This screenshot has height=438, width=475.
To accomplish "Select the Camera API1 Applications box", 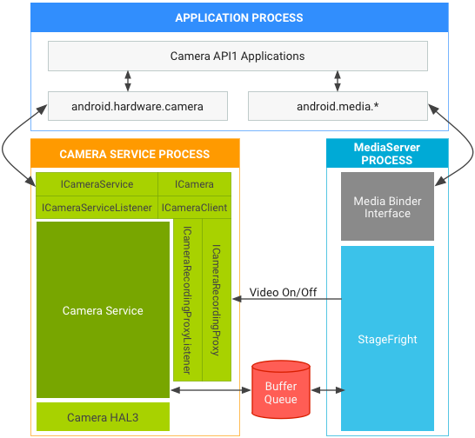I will click(x=237, y=56).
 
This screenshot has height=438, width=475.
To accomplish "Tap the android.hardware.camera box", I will click(x=137, y=107).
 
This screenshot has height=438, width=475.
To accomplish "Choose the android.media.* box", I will click(x=338, y=107).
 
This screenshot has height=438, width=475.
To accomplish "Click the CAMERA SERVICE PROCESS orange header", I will click(x=134, y=154).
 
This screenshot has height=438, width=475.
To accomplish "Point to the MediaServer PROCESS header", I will click(x=386, y=154).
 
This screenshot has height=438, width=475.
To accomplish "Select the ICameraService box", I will click(x=97, y=184).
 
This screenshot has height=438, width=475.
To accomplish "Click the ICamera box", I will click(x=194, y=184).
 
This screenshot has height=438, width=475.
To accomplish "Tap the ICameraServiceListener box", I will click(x=97, y=208).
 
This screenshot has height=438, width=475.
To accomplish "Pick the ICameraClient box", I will click(x=194, y=208).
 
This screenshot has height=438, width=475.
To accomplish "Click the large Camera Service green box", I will click(x=103, y=310).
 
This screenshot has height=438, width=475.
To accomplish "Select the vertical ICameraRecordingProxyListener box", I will click(x=186, y=300).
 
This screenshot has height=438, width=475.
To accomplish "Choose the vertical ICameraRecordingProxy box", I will click(x=216, y=300).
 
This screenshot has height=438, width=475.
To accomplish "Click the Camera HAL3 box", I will click(x=103, y=418).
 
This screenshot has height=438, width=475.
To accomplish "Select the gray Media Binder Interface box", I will click(x=387, y=207).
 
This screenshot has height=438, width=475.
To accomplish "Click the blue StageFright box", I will click(x=387, y=340).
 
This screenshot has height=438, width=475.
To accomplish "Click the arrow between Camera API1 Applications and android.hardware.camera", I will click(x=129, y=82).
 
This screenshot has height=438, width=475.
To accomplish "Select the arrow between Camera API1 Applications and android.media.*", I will click(x=338, y=82).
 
